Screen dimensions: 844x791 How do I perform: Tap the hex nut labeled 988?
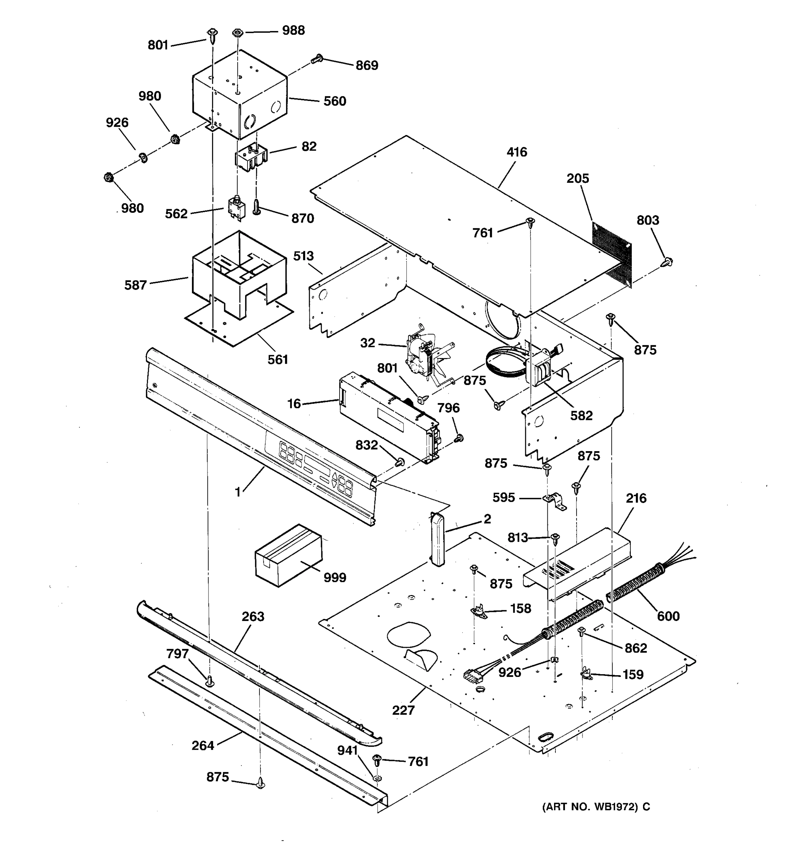coord(237,33)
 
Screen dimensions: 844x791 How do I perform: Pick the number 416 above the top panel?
coord(516,152)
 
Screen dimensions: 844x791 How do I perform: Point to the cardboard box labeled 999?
coord(289,555)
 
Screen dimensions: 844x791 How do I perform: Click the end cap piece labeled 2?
coord(437,539)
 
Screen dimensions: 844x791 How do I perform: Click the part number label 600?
coord(668,616)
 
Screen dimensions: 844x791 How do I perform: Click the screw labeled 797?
coord(209,682)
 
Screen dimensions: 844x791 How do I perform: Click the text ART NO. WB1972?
coord(591,807)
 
